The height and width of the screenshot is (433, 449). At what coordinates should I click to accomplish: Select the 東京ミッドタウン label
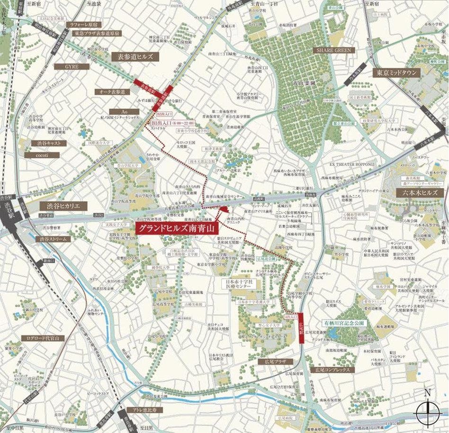pyautogui.click(x=396, y=73)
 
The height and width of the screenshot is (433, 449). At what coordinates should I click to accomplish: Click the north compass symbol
pyautogui.click(x=428, y=410)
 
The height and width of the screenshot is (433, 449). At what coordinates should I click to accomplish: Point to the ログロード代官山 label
pyautogui.click(x=43, y=339)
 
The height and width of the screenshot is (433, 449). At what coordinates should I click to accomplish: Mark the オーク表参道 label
pyautogui.click(x=110, y=92)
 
